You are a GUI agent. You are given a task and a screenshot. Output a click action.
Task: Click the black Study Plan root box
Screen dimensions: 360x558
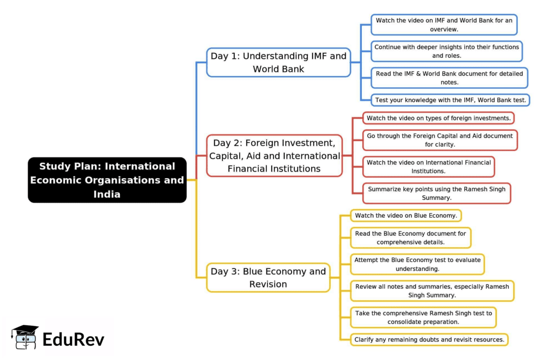click(x=107, y=180)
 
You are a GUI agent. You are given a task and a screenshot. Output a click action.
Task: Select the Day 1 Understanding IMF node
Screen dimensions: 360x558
click(x=278, y=62)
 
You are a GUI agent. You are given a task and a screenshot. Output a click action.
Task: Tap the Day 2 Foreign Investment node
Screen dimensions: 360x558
click(x=275, y=156)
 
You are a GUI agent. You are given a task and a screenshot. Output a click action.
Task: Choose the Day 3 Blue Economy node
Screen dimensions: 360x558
click(x=268, y=277)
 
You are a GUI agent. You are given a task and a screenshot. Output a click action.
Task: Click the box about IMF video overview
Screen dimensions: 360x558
click(x=444, y=25)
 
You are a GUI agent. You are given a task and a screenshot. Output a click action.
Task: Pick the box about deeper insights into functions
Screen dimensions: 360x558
click(x=446, y=51)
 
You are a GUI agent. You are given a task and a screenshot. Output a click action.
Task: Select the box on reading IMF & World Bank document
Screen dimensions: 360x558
click(x=449, y=77)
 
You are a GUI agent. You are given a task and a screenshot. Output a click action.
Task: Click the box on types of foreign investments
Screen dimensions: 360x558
click(x=438, y=118)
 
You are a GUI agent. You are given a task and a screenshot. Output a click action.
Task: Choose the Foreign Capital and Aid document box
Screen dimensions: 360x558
click(x=440, y=140)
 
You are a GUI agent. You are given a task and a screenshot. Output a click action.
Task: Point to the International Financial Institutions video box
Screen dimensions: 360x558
click(x=428, y=167)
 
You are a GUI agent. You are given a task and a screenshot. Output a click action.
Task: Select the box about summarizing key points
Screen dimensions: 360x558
click(x=436, y=193)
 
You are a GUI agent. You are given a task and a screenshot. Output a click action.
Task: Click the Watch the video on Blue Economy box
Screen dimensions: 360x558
click(x=406, y=216)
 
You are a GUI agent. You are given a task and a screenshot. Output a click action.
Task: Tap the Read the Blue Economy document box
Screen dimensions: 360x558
click(x=410, y=238)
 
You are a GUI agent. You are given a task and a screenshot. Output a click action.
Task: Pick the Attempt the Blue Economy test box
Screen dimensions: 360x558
click(x=417, y=264)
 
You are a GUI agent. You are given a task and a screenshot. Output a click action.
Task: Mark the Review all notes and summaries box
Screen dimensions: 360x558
click(x=432, y=291)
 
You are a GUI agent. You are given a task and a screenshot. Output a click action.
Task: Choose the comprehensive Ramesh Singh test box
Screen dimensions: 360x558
click(x=423, y=317)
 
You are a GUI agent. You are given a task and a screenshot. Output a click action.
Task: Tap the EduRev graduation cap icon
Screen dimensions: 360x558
click(x=25, y=337)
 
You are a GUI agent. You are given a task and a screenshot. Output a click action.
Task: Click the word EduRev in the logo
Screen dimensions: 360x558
click(x=74, y=339)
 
